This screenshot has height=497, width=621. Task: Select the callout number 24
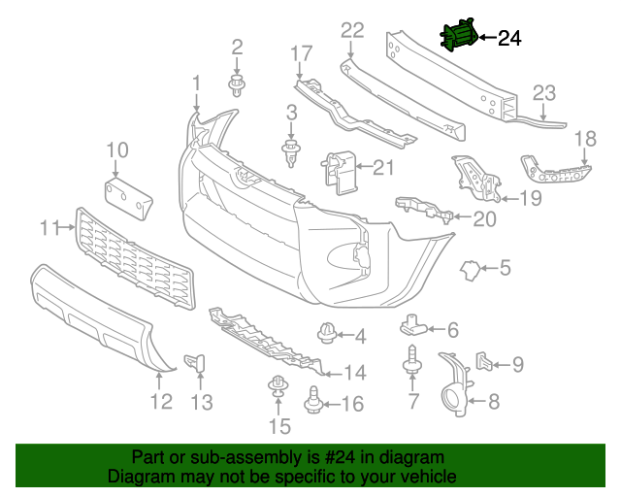[509, 39]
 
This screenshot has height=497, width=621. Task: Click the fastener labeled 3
[288, 150]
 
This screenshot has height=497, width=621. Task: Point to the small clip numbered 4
[328, 335]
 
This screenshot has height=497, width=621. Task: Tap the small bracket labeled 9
[485, 362]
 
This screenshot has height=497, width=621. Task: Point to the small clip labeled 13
[201, 362]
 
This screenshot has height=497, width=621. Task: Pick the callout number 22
[351, 31]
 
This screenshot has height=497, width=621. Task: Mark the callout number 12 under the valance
[161, 401]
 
